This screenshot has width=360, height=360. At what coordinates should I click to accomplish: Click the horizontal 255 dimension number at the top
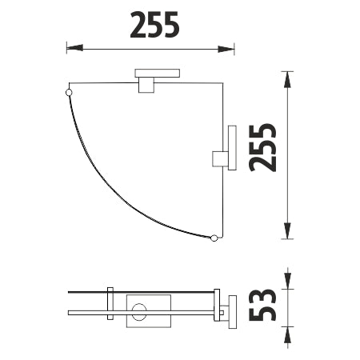click(x=154, y=25)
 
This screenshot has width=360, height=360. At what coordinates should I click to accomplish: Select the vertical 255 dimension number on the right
click(x=262, y=147)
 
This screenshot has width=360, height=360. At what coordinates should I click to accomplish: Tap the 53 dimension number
click(x=262, y=305)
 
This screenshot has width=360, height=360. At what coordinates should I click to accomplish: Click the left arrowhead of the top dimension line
click(x=74, y=48)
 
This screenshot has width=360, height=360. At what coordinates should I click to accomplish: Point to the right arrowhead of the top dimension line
click(x=226, y=49)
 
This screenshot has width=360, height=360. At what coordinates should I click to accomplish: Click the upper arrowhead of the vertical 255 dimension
click(x=287, y=80)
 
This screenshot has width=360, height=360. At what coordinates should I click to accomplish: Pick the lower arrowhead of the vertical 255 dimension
click(x=287, y=230)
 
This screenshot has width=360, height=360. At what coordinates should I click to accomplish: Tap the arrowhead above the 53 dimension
click(x=288, y=281)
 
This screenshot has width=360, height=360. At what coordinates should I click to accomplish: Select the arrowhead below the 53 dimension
click(x=288, y=334)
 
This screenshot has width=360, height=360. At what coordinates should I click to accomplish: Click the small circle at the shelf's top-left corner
click(x=69, y=93)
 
